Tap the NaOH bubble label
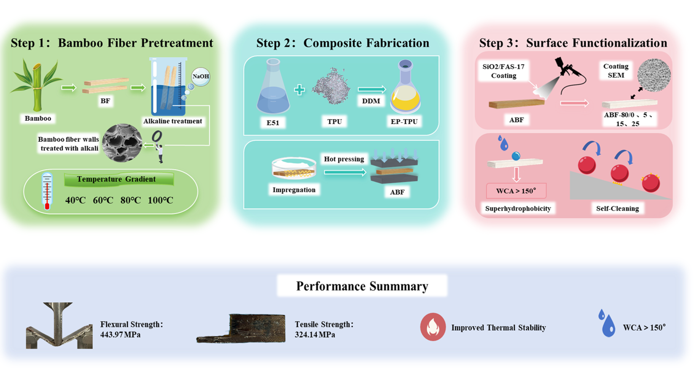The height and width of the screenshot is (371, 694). point(200,77)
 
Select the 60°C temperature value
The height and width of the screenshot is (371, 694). point(103,200)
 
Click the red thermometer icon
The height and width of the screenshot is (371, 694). point(47,191)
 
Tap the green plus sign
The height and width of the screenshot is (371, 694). point(299,89)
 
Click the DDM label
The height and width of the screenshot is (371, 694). point(371,101)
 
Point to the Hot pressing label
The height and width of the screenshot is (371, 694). point(344,159)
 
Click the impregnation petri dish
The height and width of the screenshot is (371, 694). point(294,168)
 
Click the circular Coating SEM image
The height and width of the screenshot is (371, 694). point(654,75)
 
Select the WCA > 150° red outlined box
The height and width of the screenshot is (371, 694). point(516,191)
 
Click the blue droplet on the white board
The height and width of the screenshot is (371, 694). point(516,156)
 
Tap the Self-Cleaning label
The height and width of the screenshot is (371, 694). point(617,208)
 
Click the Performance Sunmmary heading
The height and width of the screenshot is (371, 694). point(362,286)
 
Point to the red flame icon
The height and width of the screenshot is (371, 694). point(433,327)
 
